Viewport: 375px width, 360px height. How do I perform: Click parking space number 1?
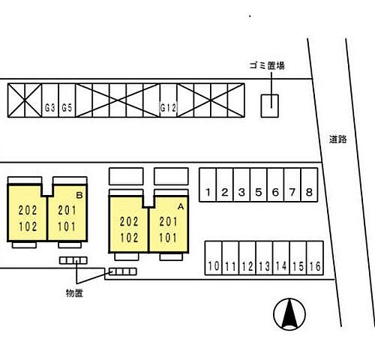click(x=208, y=184)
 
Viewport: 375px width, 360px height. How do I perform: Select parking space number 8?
click(x=309, y=184)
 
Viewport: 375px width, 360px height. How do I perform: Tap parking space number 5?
click(x=259, y=184)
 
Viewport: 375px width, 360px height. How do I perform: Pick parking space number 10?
click(x=214, y=258)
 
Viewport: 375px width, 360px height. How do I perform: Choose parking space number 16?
click(x=315, y=258)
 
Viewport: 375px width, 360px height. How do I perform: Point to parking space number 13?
click(x=264, y=258)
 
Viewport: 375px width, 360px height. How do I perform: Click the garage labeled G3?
click(x=50, y=100)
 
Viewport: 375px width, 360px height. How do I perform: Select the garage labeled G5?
click(x=67, y=100)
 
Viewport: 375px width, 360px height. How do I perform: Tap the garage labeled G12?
click(x=169, y=100)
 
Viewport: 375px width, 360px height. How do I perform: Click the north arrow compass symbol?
click(x=289, y=314)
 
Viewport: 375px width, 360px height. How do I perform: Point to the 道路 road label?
click(x=337, y=139)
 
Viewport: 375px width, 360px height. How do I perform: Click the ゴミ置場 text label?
click(x=267, y=66)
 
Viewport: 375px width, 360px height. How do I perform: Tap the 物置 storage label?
click(x=74, y=293)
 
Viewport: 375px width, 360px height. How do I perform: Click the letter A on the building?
click(x=181, y=206)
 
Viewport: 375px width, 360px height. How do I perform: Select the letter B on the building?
click(x=79, y=195)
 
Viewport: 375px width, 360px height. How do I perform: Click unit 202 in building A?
click(x=129, y=222)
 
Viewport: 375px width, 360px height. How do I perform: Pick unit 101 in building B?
click(x=67, y=226)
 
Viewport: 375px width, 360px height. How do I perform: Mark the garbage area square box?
click(x=270, y=106)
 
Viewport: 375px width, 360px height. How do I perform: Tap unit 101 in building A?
click(x=168, y=238)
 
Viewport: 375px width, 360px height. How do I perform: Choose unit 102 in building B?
click(x=28, y=226)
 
